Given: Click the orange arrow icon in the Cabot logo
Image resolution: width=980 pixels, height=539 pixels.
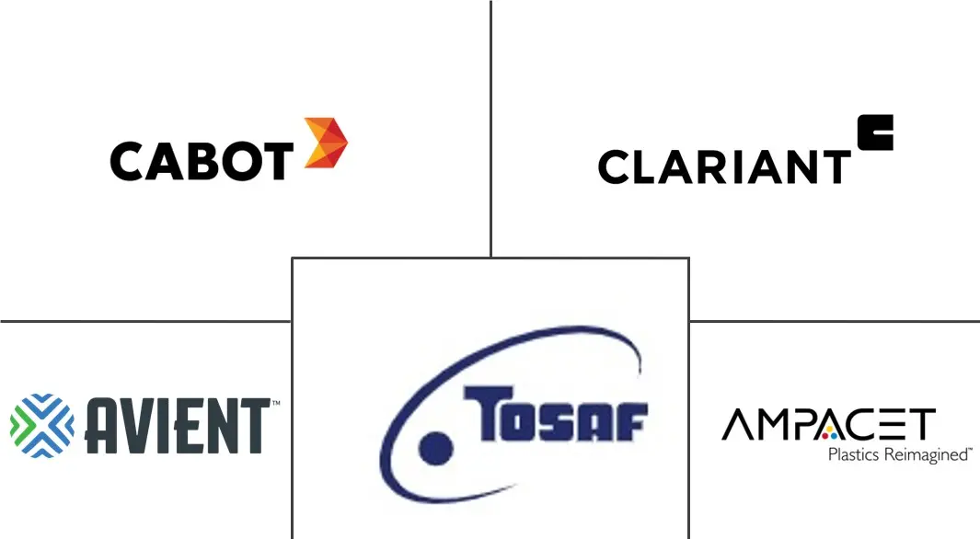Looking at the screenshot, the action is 326,143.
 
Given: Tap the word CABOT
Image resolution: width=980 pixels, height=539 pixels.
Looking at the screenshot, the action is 202,161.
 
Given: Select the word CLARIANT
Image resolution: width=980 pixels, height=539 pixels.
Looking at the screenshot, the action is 724,166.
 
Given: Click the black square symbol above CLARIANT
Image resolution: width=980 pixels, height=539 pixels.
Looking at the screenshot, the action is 875,132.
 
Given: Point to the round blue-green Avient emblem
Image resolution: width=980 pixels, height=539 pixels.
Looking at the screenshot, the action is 42,425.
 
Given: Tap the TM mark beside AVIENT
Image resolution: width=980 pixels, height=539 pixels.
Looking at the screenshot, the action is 276,403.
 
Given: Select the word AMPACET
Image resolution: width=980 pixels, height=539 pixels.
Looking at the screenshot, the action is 829,425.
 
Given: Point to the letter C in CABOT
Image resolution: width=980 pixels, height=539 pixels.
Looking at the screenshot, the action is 128,162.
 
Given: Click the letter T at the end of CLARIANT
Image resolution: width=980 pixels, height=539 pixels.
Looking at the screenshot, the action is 835,166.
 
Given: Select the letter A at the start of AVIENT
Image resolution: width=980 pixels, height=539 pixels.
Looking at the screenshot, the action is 102,426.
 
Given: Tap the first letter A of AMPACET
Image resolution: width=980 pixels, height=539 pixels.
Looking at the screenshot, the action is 736,425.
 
